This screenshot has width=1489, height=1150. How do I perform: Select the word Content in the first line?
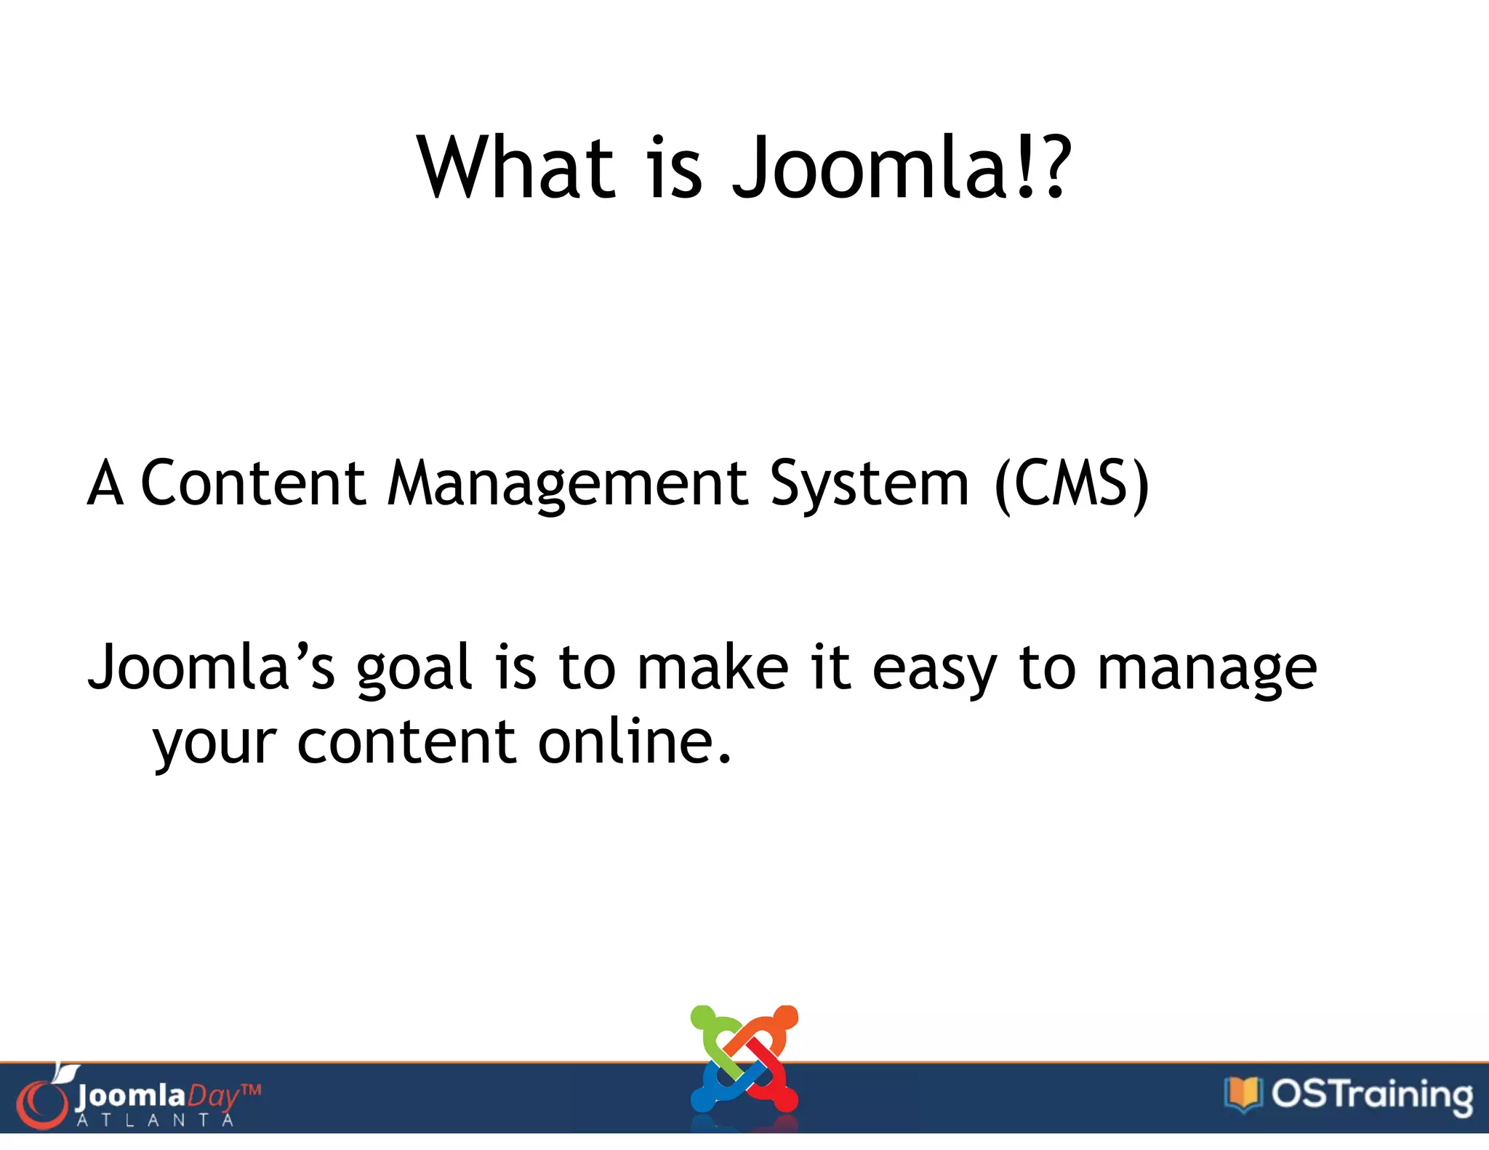pos(252,483)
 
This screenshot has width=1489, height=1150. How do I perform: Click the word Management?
pos(568,485)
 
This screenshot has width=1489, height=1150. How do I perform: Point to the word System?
pos(870,485)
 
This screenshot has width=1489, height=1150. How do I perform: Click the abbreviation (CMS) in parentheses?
pos(1071,485)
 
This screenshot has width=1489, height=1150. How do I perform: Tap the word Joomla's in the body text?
pos(212,667)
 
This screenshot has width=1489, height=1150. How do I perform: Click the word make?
pos(713,667)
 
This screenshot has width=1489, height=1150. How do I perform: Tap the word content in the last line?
pos(406,743)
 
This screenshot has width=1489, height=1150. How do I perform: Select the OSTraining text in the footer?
pos(1372,1095)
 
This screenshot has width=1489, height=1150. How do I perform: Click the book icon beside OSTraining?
pos(1243,1093)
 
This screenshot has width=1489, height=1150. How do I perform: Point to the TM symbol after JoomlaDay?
pos(250,1090)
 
